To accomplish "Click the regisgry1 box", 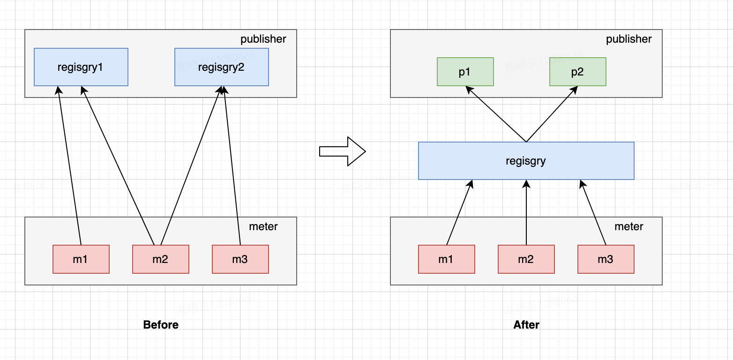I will pos(81,67).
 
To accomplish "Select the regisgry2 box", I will pos(221,67).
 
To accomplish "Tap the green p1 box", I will pos(465,72).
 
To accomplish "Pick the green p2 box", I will pos(577,72).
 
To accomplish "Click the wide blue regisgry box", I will pos(526,161).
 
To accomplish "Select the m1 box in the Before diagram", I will pos(81,259).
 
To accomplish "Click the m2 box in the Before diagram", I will pos(160,259).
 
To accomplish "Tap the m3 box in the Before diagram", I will pos(240,259).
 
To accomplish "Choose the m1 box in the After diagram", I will pos(446,259).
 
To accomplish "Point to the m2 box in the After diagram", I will pos(526,259).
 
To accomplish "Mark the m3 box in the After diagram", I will pos(606,259).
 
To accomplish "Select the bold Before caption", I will pos(161,325).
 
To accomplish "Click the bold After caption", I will pos(526,325).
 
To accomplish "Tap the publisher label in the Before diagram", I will pos(263,39).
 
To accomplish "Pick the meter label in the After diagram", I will pos(628,226).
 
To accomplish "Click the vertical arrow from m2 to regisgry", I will pos(526,213).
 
